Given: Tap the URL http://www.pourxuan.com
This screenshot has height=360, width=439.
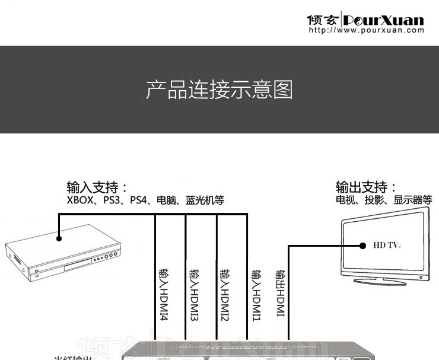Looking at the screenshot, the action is click(367, 30).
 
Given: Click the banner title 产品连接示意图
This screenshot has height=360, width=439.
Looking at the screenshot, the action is click(220, 90).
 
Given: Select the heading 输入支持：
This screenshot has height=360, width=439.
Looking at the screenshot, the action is click(98, 187).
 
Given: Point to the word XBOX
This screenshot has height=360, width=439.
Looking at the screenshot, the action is click(80, 200).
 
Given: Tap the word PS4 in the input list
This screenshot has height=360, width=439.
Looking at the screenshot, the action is click(139, 200).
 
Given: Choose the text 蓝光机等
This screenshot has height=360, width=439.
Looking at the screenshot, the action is click(205, 200).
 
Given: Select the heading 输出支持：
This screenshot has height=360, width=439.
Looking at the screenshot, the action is click(367, 187).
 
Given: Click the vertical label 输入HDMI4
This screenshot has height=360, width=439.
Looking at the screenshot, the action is click(163, 295).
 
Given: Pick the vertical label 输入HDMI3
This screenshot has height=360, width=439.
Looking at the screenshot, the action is click(194, 295).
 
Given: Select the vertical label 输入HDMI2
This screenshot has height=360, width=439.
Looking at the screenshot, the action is click(225, 295).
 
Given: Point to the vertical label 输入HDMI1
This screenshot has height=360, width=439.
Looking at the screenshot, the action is click(256, 295).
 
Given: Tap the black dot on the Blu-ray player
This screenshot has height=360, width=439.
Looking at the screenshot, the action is click(59, 240).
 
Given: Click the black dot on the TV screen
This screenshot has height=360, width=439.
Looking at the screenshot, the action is click(362, 245).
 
